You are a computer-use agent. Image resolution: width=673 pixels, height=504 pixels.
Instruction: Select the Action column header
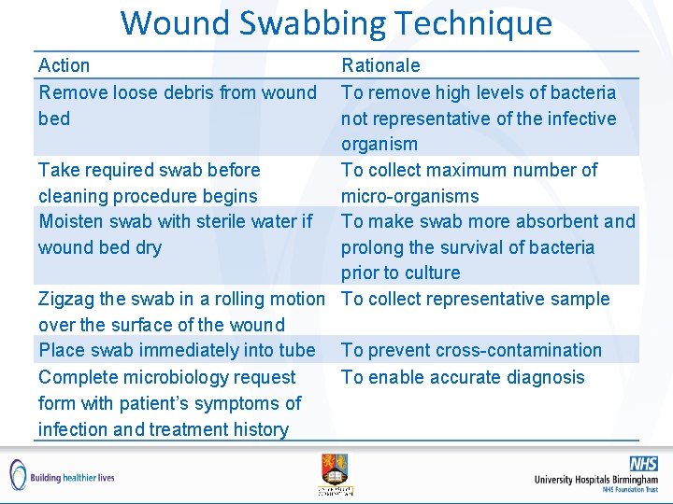point(64,65)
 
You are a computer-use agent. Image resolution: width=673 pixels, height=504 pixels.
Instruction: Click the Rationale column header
point(380,65)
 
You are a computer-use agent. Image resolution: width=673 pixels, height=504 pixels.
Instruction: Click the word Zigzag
point(66,299)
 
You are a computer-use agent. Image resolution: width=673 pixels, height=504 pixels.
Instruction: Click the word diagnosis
point(542,377)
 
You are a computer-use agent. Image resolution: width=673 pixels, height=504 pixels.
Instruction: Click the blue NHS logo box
point(643,463)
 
